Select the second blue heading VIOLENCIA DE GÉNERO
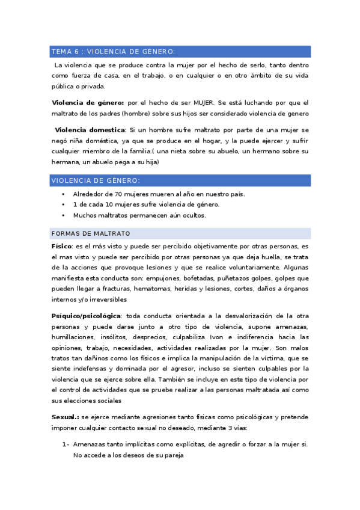tap(96, 180)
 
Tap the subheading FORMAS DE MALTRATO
tap(91, 233)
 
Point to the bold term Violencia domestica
tap(90, 130)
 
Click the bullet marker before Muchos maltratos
tap(63, 215)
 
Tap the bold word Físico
tap(61, 247)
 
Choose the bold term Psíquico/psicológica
tap(86, 315)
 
